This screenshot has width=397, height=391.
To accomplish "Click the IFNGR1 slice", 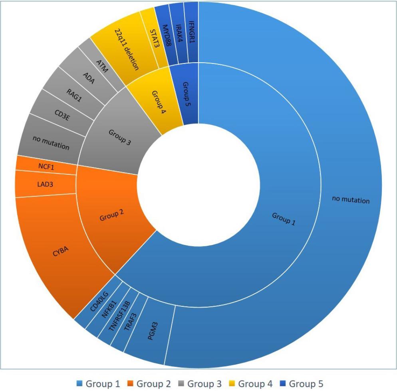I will (191, 32).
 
